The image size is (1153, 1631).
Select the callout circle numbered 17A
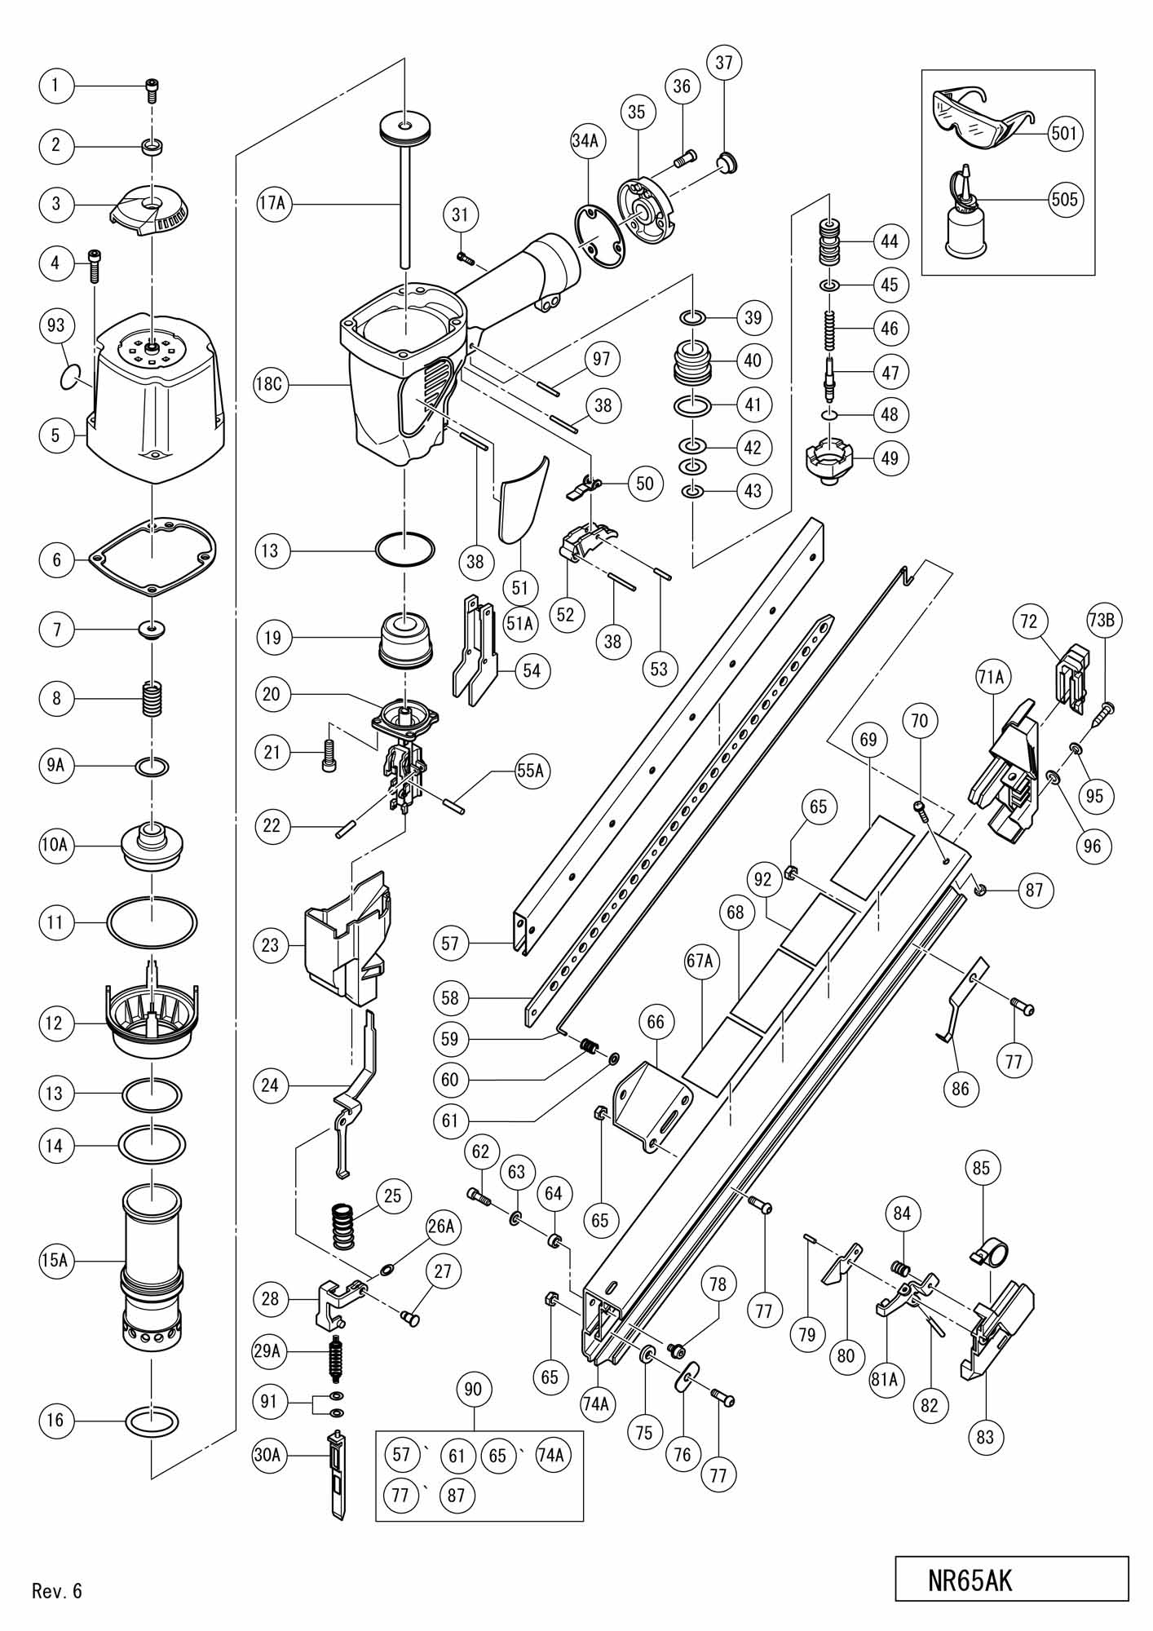coord(272,204)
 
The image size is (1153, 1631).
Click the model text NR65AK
coord(970,1579)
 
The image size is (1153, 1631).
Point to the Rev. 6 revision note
coord(57,1590)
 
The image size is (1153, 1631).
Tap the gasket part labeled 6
coord(152,552)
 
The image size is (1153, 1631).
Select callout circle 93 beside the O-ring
coord(56,325)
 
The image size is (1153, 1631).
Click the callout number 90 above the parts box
coord(473,1388)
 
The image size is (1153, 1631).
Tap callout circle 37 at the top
coord(724,63)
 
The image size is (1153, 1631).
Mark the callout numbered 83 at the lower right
coord(985,1435)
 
